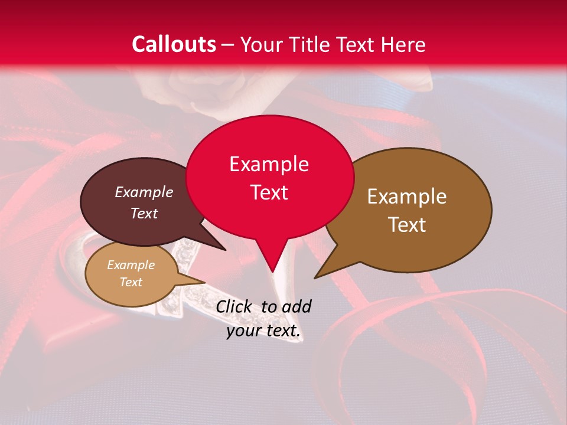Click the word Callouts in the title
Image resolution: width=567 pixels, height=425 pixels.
pyautogui.click(x=174, y=44)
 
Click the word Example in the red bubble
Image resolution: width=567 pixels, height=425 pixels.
pyautogui.click(x=269, y=164)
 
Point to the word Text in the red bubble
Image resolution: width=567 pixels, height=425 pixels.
pyautogui.click(x=269, y=192)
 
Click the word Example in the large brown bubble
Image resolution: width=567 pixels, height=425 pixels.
pyautogui.click(x=407, y=197)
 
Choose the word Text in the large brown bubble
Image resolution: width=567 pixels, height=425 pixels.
pyautogui.click(x=407, y=224)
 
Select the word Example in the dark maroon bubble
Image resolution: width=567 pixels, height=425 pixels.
pyautogui.click(x=144, y=192)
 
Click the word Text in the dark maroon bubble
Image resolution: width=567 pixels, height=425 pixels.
pyautogui.click(x=144, y=213)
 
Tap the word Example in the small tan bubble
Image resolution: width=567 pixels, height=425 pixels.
pyautogui.click(x=131, y=265)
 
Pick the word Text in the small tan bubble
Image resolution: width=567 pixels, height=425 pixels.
pyautogui.click(x=131, y=282)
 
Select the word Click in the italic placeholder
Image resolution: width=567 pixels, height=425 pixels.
pyautogui.click(x=234, y=306)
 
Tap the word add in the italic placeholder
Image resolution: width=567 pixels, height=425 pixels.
pyautogui.click(x=296, y=306)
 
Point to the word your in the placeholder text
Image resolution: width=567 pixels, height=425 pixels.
pyautogui.click(x=243, y=331)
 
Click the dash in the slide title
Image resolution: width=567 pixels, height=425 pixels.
pyautogui.click(x=229, y=45)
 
